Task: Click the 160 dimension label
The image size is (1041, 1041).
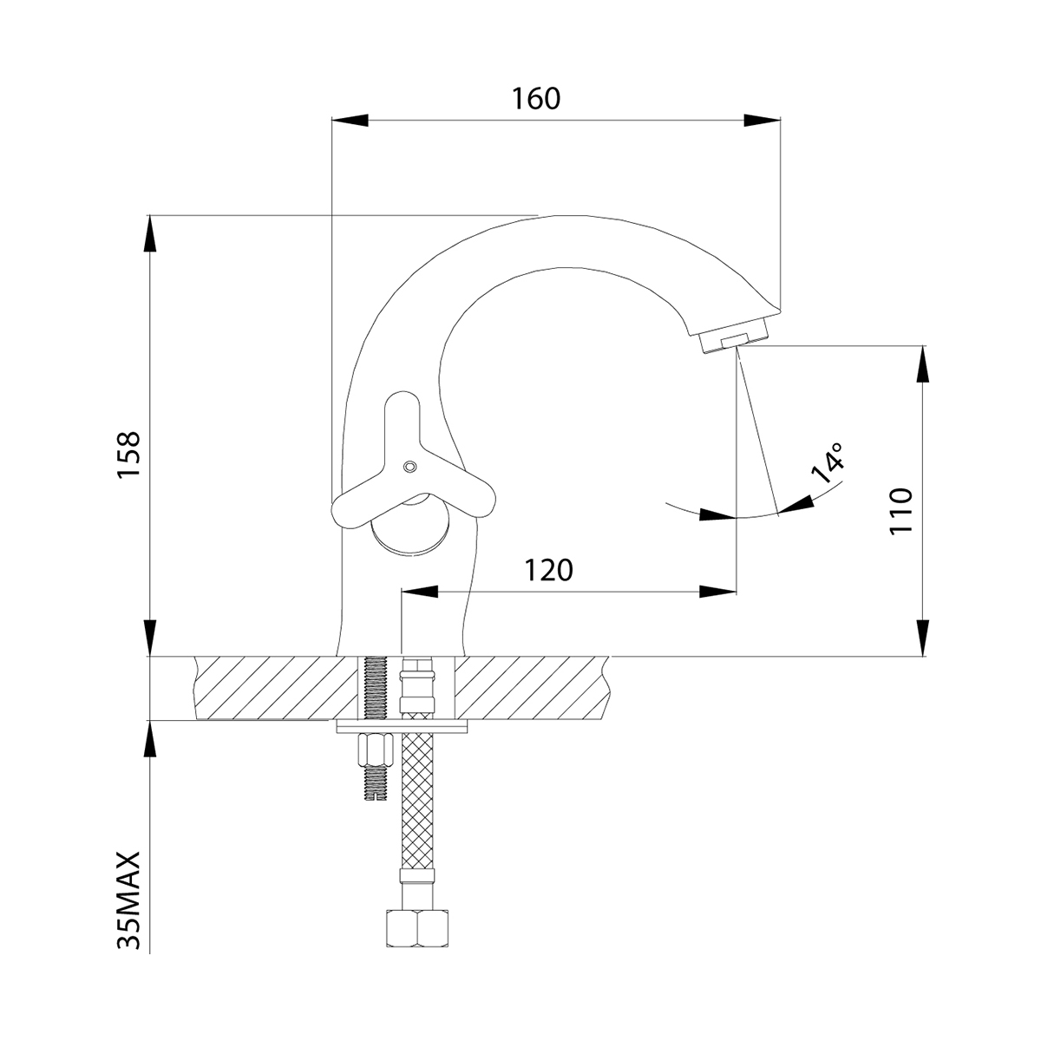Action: tap(536, 99)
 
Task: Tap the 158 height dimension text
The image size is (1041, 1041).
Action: tap(129, 455)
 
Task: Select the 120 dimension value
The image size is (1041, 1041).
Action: tap(548, 571)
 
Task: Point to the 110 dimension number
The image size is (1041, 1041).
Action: tap(900, 510)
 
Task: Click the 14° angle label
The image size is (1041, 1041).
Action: tap(828, 462)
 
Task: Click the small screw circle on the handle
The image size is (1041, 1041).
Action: tap(410, 466)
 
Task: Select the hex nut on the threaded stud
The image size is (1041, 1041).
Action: tap(376, 751)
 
